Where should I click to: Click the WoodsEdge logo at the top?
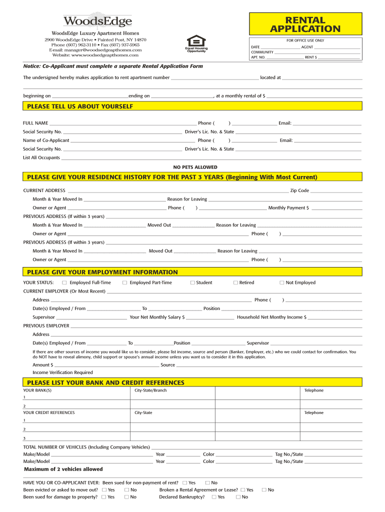click(97, 20)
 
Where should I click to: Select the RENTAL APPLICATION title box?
click(305, 24)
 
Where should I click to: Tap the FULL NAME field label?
click(35, 123)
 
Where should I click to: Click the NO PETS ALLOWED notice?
click(195, 167)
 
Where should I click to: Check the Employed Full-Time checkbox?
click(64, 282)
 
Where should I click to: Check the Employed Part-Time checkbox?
click(124, 282)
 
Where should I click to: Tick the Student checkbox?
click(192, 282)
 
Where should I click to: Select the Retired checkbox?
click(235, 282)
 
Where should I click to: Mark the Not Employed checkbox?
click(282, 282)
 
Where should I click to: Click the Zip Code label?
click(299, 190)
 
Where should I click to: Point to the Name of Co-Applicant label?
click(46, 140)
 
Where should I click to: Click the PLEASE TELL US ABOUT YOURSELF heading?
click(80, 106)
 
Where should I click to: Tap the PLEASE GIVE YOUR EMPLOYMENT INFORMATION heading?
click(102, 272)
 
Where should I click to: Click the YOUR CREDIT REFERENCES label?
click(49, 412)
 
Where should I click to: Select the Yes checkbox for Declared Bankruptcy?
click(214, 497)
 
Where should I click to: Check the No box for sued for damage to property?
click(126, 497)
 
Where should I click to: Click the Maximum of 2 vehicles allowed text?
click(63, 469)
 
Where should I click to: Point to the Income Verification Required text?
click(62, 372)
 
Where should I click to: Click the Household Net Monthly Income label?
click(271, 317)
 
